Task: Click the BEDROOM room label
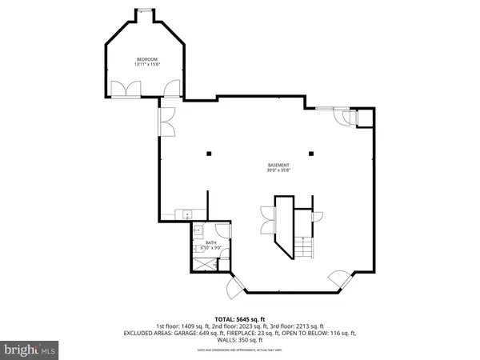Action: [146, 60]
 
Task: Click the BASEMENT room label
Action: [278, 166]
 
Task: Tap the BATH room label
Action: [211, 242]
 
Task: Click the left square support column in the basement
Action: [208, 154]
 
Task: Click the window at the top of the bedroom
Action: [145, 10]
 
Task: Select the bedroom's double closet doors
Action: [125, 90]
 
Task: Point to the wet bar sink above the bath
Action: [183, 214]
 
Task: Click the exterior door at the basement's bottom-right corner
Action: [339, 279]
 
